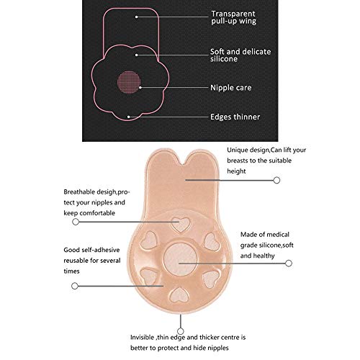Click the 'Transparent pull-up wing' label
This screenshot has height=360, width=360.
click(233, 17)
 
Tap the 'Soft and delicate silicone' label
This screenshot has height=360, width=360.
click(240, 55)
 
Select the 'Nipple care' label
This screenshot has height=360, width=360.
click(231, 88)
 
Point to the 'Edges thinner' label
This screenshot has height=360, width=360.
click(235, 117)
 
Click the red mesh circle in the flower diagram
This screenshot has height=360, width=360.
click(129, 82)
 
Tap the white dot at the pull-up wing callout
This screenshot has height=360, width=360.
click(136, 17)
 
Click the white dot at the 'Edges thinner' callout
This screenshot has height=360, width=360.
click(129, 117)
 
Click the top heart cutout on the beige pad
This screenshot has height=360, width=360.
click(181, 225)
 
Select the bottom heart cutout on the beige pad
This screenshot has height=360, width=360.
click(179, 294)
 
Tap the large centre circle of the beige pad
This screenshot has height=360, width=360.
click(180, 259)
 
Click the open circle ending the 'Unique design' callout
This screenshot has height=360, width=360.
click(276, 180)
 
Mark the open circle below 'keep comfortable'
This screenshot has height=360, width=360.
click(76, 222)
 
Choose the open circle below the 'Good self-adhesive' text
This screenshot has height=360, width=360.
click(75, 286)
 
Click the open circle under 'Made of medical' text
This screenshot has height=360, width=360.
click(289, 264)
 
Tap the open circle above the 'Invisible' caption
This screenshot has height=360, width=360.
click(181, 331)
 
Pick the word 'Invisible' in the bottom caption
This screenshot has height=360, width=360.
click(143, 338)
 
